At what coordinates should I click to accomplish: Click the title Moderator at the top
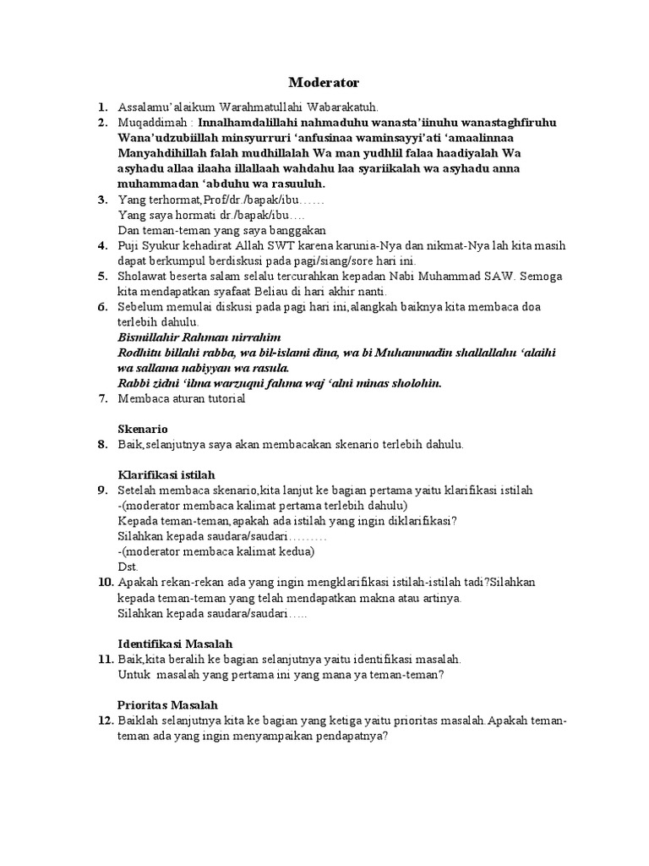click(x=324, y=82)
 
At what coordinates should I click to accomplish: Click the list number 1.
click(x=101, y=107)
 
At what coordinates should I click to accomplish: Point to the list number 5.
click(x=101, y=276)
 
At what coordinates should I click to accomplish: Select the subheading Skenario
click(x=143, y=429)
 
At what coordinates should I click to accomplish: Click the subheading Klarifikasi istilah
click(x=167, y=474)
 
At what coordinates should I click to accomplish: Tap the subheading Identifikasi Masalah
click(x=175, y=644)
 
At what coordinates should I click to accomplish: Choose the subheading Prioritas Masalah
click(x=168, y=704)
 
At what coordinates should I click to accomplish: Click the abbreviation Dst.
click(x=128, y=567)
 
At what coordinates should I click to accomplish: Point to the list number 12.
click(x=105, y=720)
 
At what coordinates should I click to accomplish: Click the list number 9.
click(x=101, y=491)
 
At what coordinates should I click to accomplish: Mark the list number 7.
click(x=101, y=398)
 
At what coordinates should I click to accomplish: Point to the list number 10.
click(x=105, y=582)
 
